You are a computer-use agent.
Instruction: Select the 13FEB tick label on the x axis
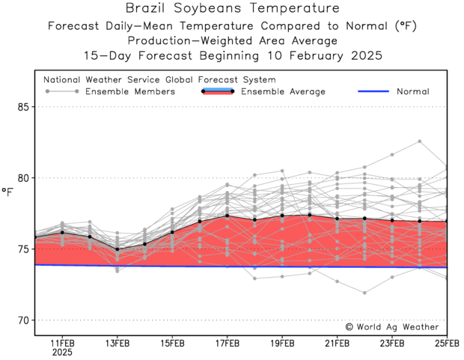click(x=117, y=344)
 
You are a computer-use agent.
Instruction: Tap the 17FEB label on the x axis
click(x=227, y=344)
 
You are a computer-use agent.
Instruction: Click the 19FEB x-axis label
click(x=282, y=344)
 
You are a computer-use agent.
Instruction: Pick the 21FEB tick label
click(x=337, y=344)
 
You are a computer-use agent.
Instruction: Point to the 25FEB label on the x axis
click(x=446, y=344)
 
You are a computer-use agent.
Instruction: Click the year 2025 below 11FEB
click(x=62, y=353)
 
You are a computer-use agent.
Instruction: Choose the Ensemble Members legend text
click(x=130, y=92)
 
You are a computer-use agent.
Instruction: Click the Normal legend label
click(x=414, y=92)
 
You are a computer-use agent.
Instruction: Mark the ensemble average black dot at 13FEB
click(x=117, y=249)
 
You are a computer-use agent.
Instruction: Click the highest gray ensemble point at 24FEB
click(x=420, y=141)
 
